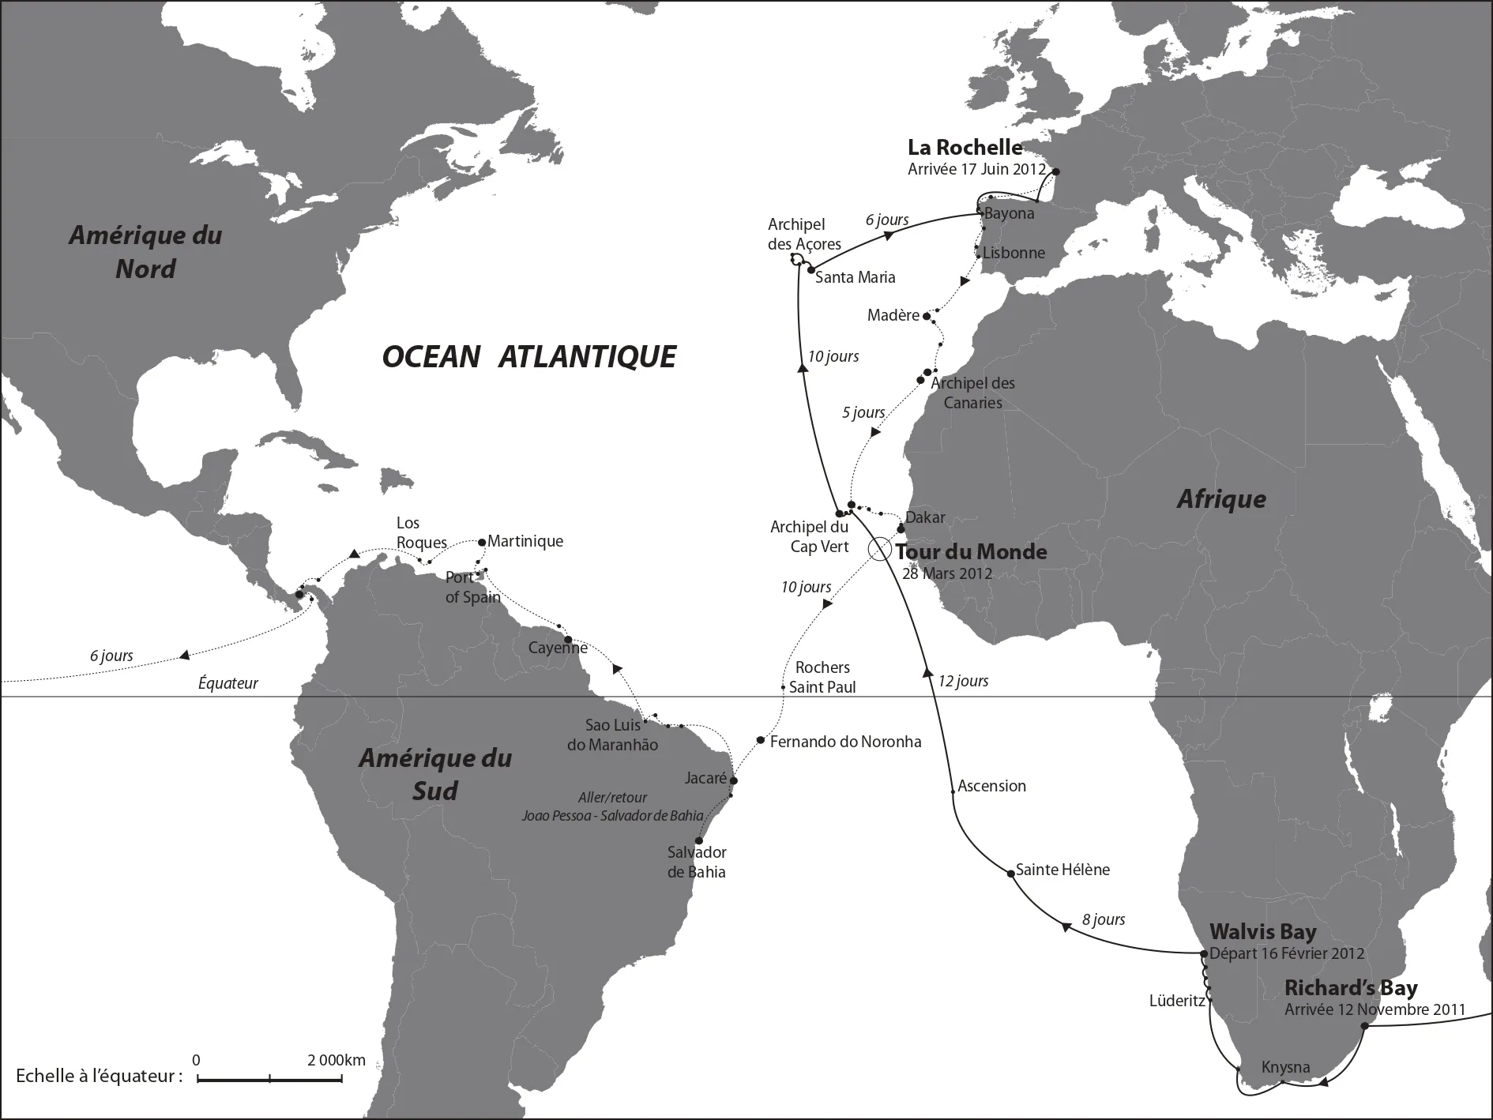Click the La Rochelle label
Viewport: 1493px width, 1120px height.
coord(965,148)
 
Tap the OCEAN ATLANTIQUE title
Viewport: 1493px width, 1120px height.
coord(528,357)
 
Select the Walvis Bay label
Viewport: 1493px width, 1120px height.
coord(1262,932)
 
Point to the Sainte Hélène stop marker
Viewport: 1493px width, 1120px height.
coord(1010,873)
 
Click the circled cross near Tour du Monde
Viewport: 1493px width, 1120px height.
coord(879,550)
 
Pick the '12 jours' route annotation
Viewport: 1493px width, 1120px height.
coord(962,681)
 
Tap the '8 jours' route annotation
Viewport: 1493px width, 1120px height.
coord(1103,919)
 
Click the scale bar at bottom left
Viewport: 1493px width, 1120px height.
coord(269,1079)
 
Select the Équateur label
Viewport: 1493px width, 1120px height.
coord(228,683)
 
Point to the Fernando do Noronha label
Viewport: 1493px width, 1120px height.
coord(845,742)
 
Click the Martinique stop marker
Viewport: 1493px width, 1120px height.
coord(482,542)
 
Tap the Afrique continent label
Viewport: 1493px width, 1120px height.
coord(1221,499)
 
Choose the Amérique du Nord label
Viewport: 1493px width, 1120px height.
coord(145,252)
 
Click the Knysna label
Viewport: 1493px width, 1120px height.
coord(1285,1068)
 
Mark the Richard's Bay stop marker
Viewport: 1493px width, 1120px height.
coord(1364,1026)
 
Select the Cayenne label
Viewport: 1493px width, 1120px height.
coord(557,648)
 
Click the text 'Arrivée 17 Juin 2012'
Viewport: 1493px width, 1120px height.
coord(976,169)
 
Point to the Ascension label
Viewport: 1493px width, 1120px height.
coord(991,786)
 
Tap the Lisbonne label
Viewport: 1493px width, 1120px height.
coord(1014,254)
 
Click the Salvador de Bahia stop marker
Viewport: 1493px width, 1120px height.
coord(698,840)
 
